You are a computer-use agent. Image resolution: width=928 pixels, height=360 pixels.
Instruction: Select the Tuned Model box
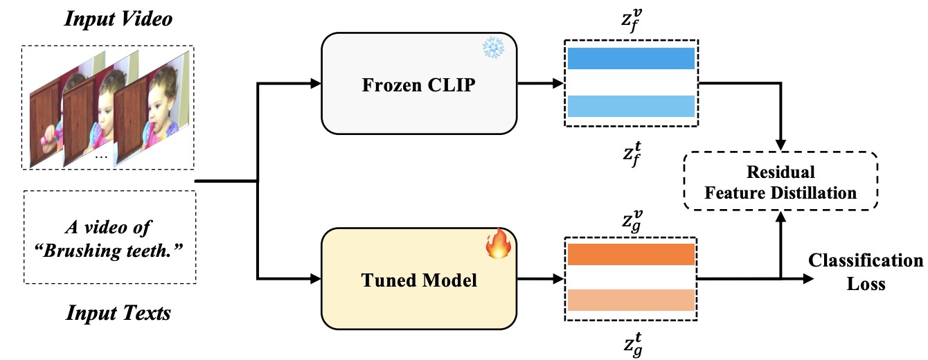pyautogui.click(x=420, y=280)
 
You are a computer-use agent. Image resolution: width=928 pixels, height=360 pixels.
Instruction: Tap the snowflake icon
pyautogui.click(x=494, y=48)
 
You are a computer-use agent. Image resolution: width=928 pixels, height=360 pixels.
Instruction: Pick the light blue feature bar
pyautogui.click(x=630, y=106)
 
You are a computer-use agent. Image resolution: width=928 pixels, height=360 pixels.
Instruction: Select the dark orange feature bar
pyautogui.click(x=630, y=255)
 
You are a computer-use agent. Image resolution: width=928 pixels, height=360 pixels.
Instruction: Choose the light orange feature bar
pyautogui.click(x=630, y=300)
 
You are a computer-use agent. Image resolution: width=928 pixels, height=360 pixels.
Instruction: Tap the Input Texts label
pyautogui.click(x=118, y=314)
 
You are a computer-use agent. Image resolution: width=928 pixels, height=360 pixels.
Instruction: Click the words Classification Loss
pyautogui.click(x=866, y=271)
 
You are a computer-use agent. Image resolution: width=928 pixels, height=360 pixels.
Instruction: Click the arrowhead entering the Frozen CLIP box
pyautogui.click(x=317, y=84)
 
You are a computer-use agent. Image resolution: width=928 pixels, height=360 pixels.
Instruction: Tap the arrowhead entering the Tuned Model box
pyautogui.click(x=317, y=280)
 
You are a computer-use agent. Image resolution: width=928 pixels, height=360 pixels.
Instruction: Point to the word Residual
pyautogui.click(x=780, y=172)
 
